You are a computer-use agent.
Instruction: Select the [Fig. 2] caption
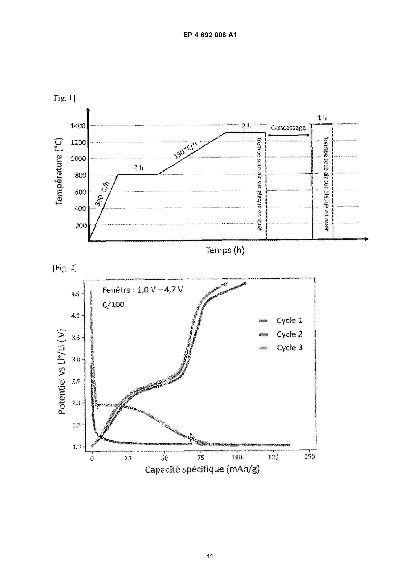pos(65,267)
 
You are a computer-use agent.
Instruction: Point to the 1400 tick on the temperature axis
pos(78,126)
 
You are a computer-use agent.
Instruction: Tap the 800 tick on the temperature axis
pos(81,175)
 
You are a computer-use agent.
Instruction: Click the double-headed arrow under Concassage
pos(289,135)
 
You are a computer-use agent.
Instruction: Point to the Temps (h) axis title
pos(225,250)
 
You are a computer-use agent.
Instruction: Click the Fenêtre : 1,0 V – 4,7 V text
pos(142,290)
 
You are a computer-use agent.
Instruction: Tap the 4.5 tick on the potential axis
pos(75,294)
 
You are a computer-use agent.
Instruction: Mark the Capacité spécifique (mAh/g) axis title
pos(202,469)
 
